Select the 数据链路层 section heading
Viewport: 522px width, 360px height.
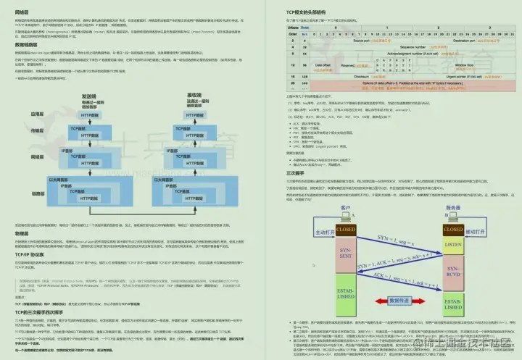pyautogui.click(x=28, y=44)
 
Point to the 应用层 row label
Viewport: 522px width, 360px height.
pyautogui.click(x=38, y=114)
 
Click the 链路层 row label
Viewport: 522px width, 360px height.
pyautogui.click(x=38, y=193)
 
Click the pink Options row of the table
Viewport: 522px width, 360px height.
pyautogui.click(x=399, y=85)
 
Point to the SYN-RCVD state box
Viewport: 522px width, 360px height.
pyautogui.click(x=452, y=273)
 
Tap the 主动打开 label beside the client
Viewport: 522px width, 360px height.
pyautogui.click(x=304, y=233)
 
